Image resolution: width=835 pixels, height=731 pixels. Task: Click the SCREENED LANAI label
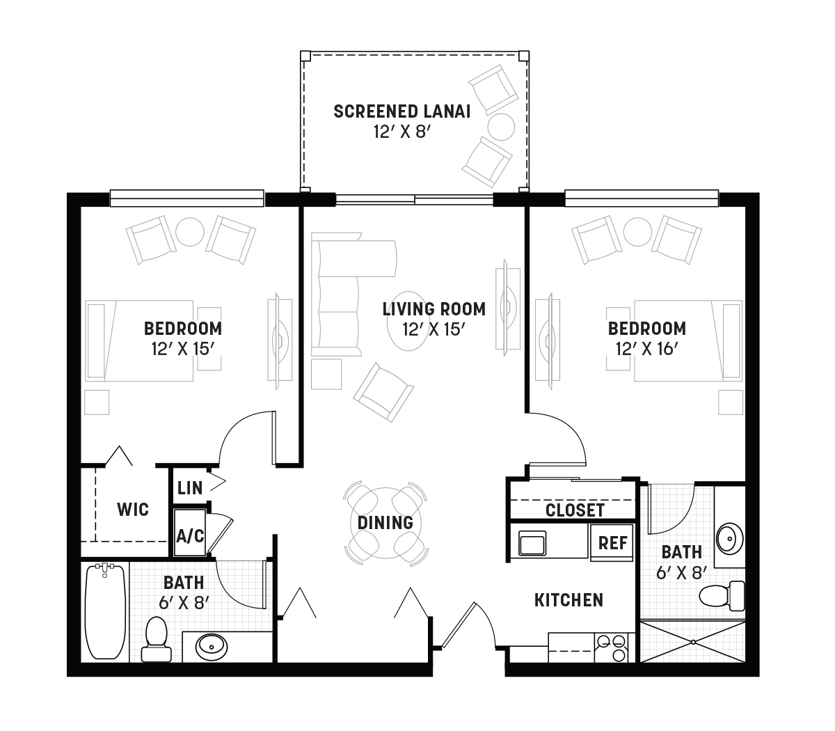tap(402, 111)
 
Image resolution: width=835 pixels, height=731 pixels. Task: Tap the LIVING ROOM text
tap(434, 309)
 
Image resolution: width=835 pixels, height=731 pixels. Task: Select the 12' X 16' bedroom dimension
tap(647, 349)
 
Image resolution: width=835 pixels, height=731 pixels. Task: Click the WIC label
tap(133, 509)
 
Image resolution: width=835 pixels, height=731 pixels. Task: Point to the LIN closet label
tap(190, 487)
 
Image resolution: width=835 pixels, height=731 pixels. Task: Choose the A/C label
tap(190, 536)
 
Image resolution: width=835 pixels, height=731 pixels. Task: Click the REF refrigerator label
tap(612, 543)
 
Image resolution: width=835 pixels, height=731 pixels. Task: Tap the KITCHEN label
tap(568, 600)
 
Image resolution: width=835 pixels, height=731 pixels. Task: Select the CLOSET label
tap(575, 510)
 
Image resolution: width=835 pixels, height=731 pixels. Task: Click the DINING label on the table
tap(385, 523)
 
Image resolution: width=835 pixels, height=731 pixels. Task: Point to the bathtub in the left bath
tap(105, 611)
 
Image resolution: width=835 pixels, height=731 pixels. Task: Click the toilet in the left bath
tap(157, 640)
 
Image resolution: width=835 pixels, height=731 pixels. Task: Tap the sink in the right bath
tap(730, 539)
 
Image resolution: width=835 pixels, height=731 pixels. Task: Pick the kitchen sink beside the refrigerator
tap(532, 543)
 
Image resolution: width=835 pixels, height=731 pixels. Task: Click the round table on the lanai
tap(501, 127)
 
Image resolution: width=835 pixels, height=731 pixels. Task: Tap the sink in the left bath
tap(212, 647)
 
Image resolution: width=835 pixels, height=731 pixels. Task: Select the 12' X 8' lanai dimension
tap(402, 132)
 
